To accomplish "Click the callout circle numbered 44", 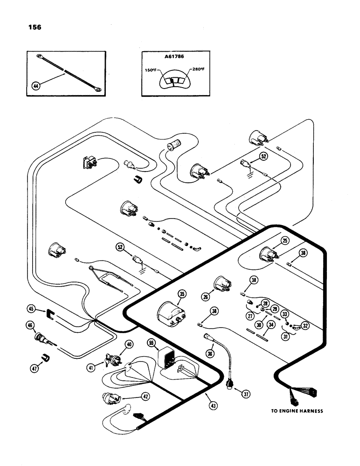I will click(35, 86).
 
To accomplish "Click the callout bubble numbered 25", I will click(285, 241).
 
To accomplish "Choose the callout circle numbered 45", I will click(31, 308).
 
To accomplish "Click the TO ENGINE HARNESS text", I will click(297, 411).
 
